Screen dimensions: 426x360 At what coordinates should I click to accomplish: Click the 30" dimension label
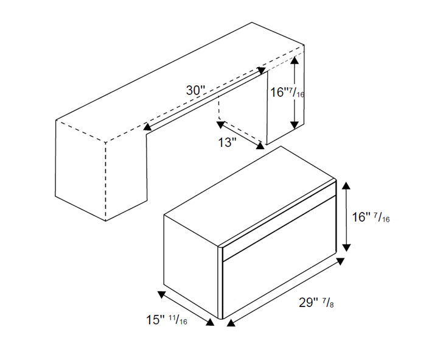(195, 90)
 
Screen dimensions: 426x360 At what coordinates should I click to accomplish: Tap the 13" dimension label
(228, 142)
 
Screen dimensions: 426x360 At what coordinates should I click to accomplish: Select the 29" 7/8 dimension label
(316, 302)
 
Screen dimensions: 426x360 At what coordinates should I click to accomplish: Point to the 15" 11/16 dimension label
(167, 320)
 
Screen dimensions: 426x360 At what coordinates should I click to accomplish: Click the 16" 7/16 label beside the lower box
(371, 217)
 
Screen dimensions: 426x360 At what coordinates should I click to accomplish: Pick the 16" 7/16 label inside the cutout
(287, 93)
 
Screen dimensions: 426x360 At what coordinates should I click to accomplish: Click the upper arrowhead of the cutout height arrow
(295, 60)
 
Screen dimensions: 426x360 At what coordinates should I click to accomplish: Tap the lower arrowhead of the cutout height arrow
(295, 125)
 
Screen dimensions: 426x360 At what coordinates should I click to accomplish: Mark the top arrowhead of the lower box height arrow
(346, 185)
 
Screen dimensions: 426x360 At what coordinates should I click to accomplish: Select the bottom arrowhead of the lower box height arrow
(346, 247)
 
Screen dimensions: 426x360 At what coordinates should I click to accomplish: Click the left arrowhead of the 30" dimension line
(147, 126)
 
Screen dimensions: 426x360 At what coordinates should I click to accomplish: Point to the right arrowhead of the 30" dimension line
(261, 71)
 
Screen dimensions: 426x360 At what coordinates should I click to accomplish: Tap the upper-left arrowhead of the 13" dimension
(220, 125)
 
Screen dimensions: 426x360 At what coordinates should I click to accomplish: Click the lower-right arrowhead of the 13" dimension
(260, 146)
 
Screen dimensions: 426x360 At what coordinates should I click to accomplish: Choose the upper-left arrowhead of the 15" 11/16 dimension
(162, 295)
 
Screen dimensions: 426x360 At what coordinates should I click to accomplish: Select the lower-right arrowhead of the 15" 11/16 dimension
(209, 322)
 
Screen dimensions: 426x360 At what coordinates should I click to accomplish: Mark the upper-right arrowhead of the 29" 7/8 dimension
(340, 261)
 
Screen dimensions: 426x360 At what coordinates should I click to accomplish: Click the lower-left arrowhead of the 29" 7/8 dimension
(231, 323)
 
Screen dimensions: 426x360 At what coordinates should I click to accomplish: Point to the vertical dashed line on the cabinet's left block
(105, 182)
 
